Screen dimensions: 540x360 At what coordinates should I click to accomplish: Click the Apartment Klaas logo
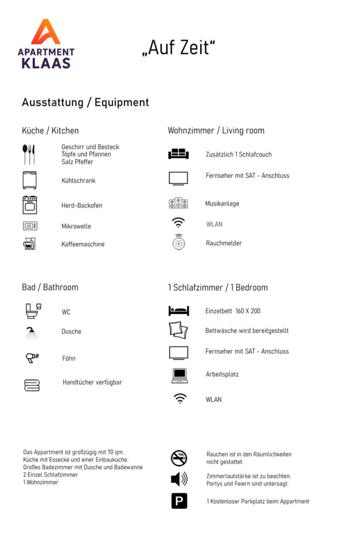(46, 44)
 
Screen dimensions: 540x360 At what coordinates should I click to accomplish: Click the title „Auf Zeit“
(179, 48)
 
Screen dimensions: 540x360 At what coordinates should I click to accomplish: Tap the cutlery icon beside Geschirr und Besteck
(29, 154)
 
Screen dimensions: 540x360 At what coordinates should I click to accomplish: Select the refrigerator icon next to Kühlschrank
(30, 180)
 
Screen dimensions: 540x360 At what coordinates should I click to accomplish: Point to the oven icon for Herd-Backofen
(30, 205)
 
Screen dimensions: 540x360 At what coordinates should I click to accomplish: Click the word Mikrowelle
(76, 226)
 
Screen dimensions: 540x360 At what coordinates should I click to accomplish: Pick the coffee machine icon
(30, 244)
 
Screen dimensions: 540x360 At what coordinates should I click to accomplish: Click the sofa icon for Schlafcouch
(178, 154)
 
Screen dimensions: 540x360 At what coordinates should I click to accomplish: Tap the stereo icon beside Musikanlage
(178, 203)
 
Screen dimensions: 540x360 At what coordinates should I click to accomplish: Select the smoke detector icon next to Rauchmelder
(178, 242)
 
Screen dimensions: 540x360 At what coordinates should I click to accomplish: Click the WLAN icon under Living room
(178, 223)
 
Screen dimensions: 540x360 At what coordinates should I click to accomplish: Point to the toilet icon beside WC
(33, 311)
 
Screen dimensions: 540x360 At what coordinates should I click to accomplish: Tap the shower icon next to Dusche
(32, 333)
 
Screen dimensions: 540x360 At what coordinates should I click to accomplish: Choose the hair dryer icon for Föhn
(32, 358)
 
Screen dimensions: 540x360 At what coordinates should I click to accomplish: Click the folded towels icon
(32, 385)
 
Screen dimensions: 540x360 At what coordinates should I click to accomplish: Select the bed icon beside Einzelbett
(178, 311)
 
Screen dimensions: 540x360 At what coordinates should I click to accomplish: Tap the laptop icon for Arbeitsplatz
(179, 375)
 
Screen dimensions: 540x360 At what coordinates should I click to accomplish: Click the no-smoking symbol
(179, 458)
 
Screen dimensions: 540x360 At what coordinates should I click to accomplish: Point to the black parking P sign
(179, 500)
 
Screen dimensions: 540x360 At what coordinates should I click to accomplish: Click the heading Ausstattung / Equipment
(85, 102)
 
